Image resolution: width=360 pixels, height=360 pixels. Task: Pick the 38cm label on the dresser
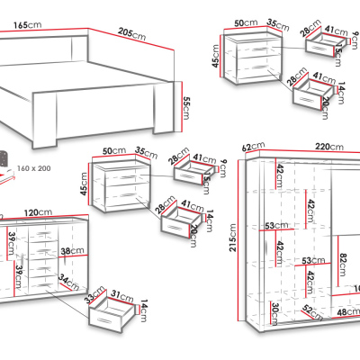tap(67, 252)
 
